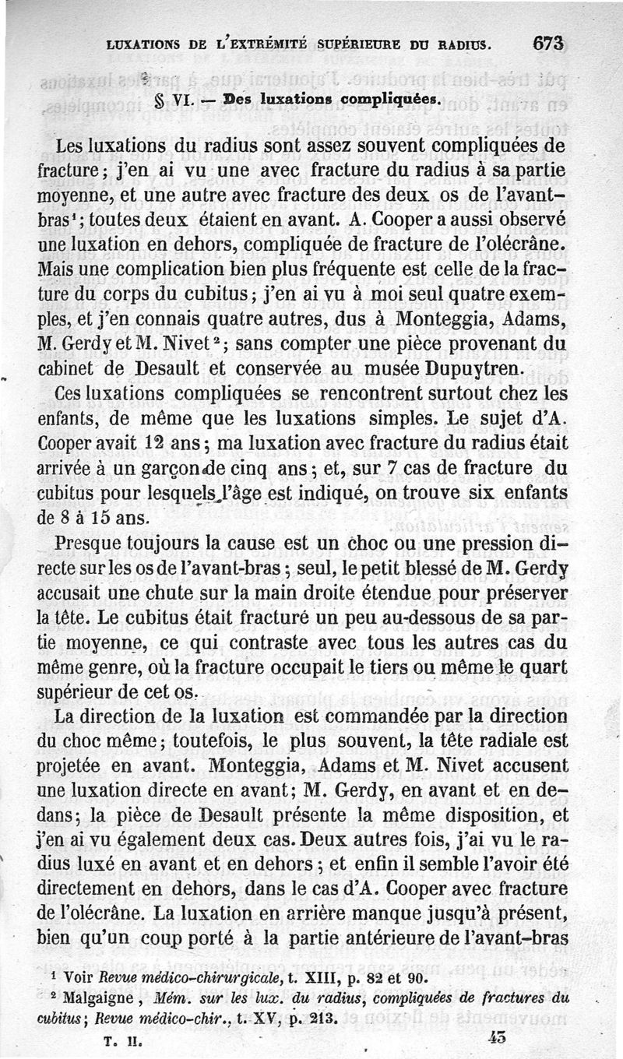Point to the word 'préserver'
(524, 591)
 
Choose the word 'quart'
(540, 666)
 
